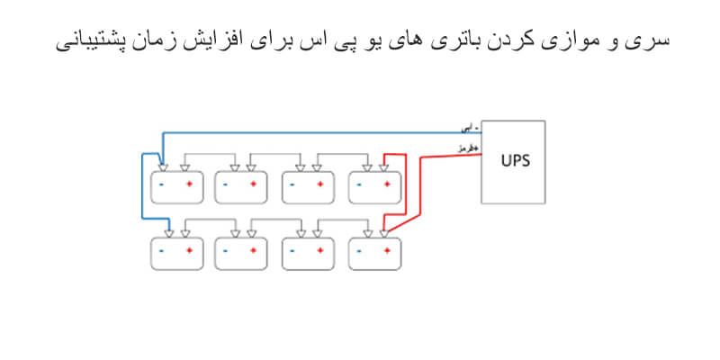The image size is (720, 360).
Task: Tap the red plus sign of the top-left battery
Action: pos(189,184)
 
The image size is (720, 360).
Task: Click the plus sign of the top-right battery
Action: pos(388,184)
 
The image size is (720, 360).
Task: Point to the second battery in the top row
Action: pos(241,186)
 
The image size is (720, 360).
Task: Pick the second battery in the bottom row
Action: pos(241,252)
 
